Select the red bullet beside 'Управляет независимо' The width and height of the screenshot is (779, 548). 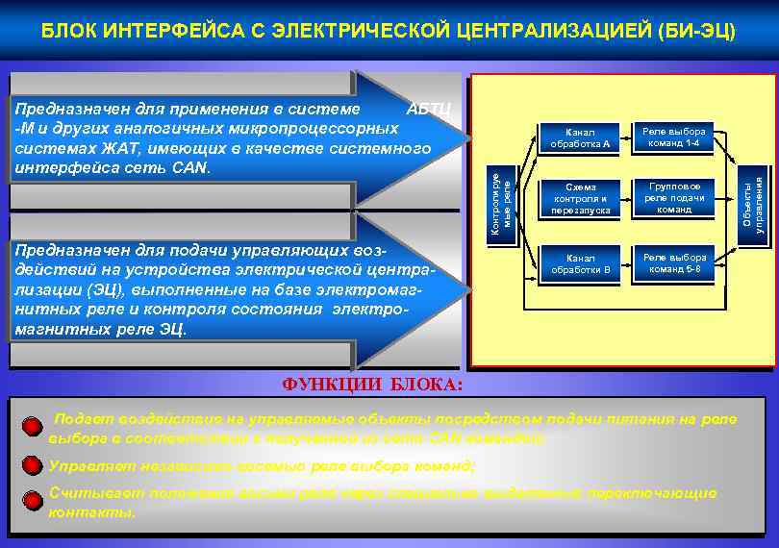click(32, 466)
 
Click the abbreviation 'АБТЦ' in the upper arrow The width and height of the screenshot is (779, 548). click(429, 108)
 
